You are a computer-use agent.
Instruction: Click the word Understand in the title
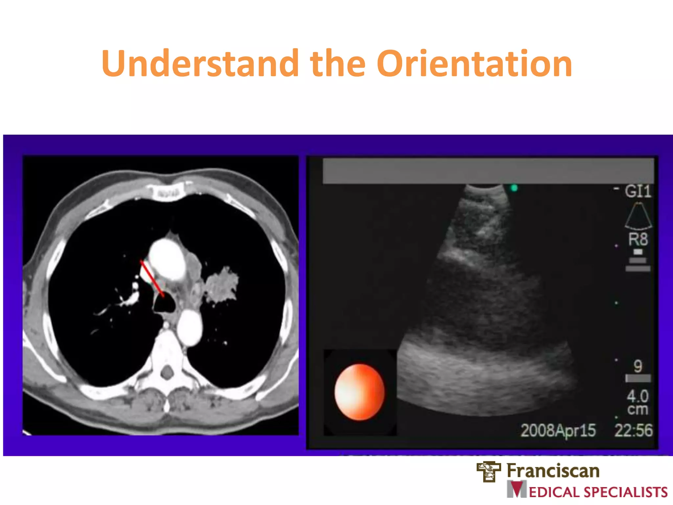[200, 63]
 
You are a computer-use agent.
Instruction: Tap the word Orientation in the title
[474, 63]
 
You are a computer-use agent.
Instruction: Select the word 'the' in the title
[337, 63]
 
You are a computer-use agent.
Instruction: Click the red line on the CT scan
[152, 278]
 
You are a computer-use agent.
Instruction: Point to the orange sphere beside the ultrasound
[359, 392]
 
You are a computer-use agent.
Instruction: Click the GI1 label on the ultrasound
[638, 191]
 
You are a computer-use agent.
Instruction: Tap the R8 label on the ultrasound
[638, 239]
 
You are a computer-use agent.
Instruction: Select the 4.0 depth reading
[638, 396]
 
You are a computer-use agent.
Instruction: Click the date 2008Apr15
[558, 430]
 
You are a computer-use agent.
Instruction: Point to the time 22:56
[633, 430]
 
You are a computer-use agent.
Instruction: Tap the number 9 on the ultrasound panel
[638, 366]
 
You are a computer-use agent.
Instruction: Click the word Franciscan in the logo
[553, 470]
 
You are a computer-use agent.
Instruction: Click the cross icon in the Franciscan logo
[489, 471]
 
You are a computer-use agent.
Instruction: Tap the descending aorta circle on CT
[190, 327]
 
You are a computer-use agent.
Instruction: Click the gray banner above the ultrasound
[488, 171]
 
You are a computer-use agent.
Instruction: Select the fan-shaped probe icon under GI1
[638, 216]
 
